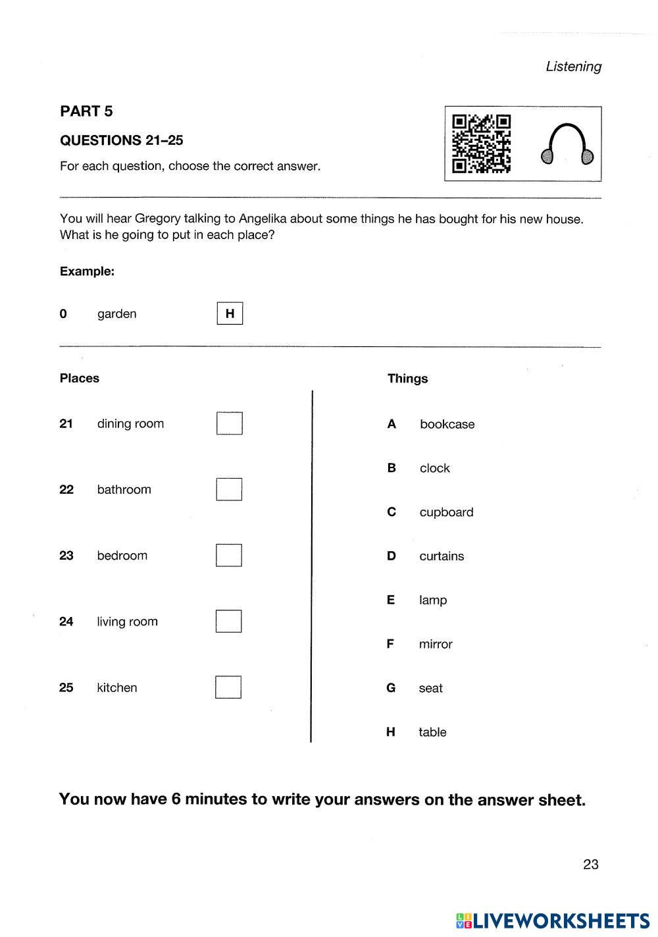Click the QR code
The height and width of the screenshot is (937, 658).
click(x=481, y=144)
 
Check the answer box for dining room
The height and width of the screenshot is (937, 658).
click(x=230, y=423)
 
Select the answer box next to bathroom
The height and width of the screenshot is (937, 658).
click(x=229, y=489)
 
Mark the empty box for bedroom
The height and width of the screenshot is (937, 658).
click(x=229, y=555)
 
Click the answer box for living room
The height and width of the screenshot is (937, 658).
click(x=229, y=621)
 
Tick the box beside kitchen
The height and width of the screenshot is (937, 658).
click(x=228, y=687)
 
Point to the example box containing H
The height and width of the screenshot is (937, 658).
click(x=230, y=313)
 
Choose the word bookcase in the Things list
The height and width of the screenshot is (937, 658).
click(x=447, y=425)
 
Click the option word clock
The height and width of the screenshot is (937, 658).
click(x=435, y=468)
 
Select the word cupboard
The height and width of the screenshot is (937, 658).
click(x=446, y=512)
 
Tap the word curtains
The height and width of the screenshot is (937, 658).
click(x=442, y=556)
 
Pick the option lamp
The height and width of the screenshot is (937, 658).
click(x=433, y=600)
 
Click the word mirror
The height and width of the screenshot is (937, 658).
click(x=436, y=644)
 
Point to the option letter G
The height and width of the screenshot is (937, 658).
click(x=391, y=688)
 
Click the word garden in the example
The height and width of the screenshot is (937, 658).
click(x=117, y=314)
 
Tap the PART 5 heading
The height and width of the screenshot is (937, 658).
click(x=86, y=111)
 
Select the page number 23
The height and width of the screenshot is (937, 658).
click(x=590, y=865)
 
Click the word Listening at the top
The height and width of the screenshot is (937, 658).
click(x=573, y=67)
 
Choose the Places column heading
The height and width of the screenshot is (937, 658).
click(x=80, y=379)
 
